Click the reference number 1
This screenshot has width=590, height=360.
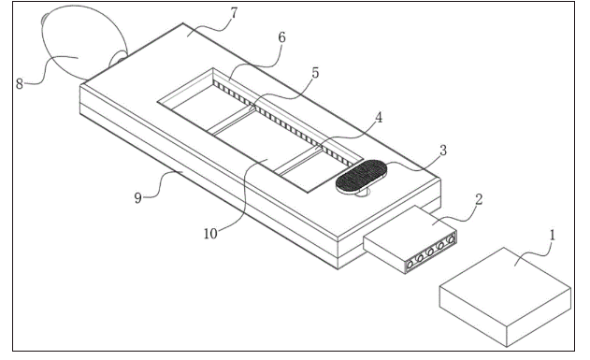pos(553,236)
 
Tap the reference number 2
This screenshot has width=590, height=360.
pos(479,199)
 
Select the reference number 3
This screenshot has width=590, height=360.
pos(443,151)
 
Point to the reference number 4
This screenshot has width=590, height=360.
pos(379,118)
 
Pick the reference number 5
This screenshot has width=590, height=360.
pos(315,73)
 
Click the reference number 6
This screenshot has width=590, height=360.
pos(281,37)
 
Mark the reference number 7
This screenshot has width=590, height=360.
pos(234,13)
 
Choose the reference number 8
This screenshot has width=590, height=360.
pos(20,84)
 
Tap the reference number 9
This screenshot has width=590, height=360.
pos(138,198)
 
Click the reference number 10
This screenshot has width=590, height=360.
pos(210,234)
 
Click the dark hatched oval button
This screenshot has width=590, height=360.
pos(361,176)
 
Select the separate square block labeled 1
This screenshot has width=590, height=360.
pos(505,296)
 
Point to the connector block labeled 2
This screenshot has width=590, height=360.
pos(410,239)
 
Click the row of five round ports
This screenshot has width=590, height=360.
pos(430,252)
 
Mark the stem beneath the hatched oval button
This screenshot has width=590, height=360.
pos(364,193)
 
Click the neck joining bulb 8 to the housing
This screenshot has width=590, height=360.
pos(118,60)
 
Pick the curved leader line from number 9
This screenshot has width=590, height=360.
pos(163,184)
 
